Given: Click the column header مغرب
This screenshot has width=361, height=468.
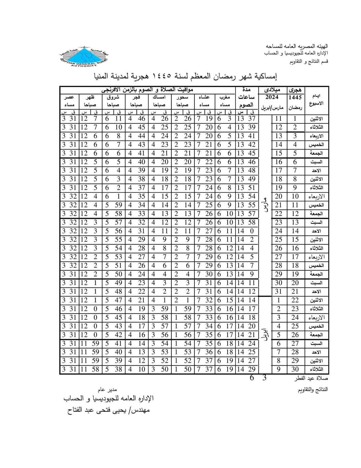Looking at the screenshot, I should pyautogui.click(x=225, y=97).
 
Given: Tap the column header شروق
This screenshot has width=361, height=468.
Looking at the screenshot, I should pyautogui.click(x=113, y=97).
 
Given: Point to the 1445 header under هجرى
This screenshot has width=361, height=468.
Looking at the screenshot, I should pyautogui.click(x=295, y=97).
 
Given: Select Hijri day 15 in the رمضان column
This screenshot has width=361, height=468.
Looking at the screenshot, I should pyautogui.click(x=295, y=240).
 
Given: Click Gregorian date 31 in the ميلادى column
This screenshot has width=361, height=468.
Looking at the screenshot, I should pyautogui.click(x=278, y=291).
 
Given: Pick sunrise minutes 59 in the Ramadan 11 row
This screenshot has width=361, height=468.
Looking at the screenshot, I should pyautogui.click(x=118, y=205).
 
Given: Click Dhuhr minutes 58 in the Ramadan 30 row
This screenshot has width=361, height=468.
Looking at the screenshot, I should pyautogui.click(x=96, y=369).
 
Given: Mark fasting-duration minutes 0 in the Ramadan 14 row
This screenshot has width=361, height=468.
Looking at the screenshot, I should pyautogui.click(x=252, y=231).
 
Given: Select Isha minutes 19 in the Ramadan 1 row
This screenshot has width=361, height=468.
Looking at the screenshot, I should pyautogui.click(x=208, y=119).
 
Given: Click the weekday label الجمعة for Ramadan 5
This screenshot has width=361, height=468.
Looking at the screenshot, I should pyautogui.click(x=316, y=153).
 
